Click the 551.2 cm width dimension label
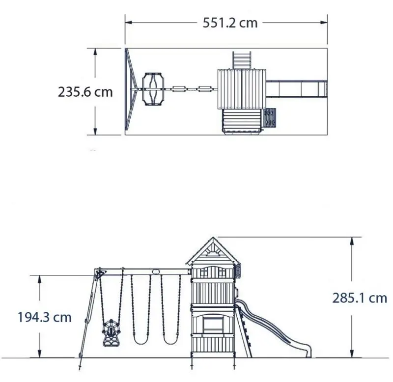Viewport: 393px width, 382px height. tap(230, 23)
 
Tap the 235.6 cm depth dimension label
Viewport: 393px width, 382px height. tap(85, 92)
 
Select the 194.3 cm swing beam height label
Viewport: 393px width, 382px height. tap(45, 317)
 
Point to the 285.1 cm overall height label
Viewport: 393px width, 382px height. tap(360, 298)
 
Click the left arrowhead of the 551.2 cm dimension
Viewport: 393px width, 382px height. tap(128, 23)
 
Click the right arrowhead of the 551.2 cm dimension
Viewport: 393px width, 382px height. tap(324, 23)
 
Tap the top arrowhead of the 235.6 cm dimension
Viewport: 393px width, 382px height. tap(95, 52)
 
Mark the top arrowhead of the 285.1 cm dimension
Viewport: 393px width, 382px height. tap(352, 241)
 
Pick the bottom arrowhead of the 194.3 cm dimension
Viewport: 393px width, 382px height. tap(40, 354)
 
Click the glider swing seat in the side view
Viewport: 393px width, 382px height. tap(111, 333)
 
